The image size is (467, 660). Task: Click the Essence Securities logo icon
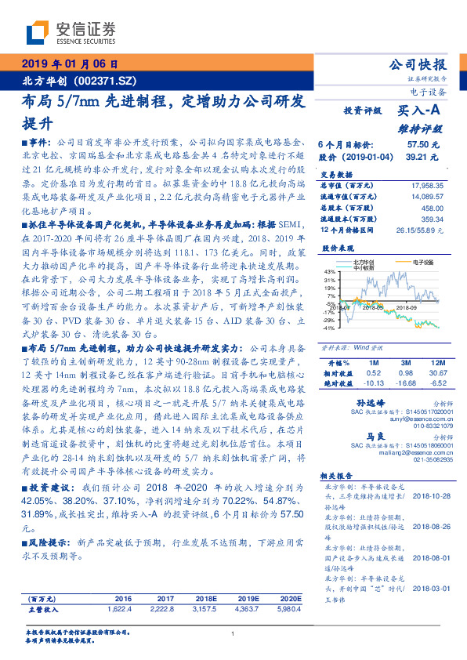click(36, 33)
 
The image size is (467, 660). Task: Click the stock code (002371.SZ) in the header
click(102, 82)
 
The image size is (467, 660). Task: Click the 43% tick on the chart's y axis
click(330, 271)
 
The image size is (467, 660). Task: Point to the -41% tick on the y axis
click(329, 328)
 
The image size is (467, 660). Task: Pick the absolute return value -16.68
click(404, 383)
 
